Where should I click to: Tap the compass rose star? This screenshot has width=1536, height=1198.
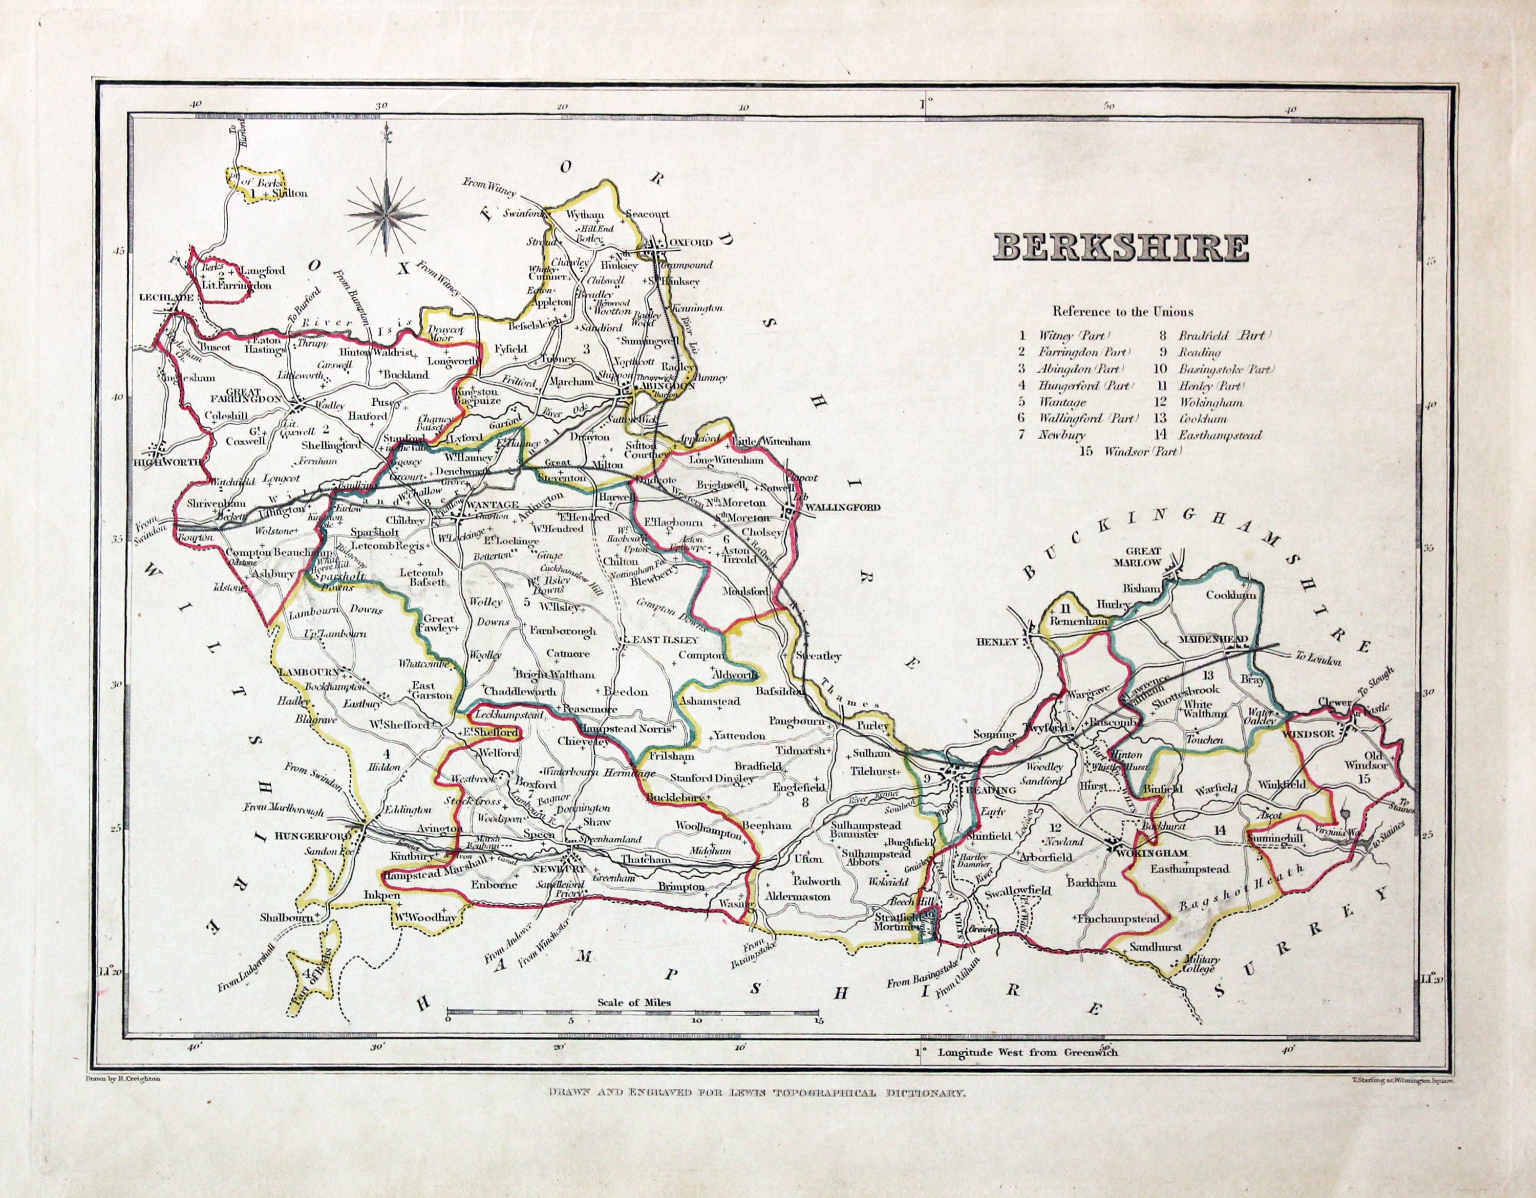click(x=387, y=208)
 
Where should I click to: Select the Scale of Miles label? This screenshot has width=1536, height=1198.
click(x=634, y=1002)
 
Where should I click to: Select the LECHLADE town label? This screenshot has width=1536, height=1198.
click(x=166, y=297)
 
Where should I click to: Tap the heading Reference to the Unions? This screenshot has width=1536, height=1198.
click(x=1122, y=312)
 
